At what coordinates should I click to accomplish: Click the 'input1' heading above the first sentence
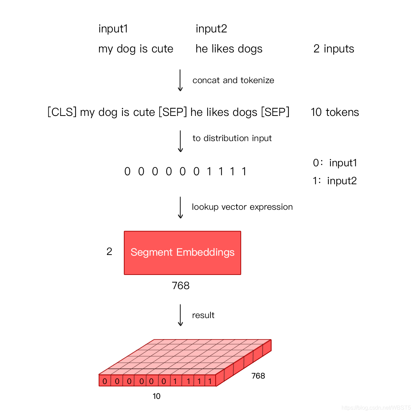tap(113, 29)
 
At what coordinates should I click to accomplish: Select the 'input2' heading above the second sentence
tap(211, 29)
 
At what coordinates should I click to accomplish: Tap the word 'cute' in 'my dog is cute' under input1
tap(162, 49)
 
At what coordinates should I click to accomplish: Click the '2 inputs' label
tap(334, 49)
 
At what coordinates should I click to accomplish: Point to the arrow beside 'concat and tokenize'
tap(180, 80)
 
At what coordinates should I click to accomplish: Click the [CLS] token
tap(62, 112)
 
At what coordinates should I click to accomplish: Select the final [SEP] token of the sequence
tap(275, 112)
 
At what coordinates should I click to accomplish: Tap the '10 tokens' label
tap(335, 112)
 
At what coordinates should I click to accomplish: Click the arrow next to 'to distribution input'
tap(180, 141)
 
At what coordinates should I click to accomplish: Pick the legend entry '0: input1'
tap(335, 163)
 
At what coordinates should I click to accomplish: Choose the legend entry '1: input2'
tap(335, 181)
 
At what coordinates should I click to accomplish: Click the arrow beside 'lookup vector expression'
tap(180, 207)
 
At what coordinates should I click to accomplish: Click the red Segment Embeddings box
tap(183, 253)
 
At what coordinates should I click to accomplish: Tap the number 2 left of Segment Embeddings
tap(109, 252)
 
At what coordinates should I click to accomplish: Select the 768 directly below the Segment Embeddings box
tap(180, 286)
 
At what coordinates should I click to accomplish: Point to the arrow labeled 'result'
tap(180, 315)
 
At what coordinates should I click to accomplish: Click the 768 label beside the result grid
tap(258, 376)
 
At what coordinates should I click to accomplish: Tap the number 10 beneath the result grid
tap(156, 396)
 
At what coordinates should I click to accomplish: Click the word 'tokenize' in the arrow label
tap(257, 80)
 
